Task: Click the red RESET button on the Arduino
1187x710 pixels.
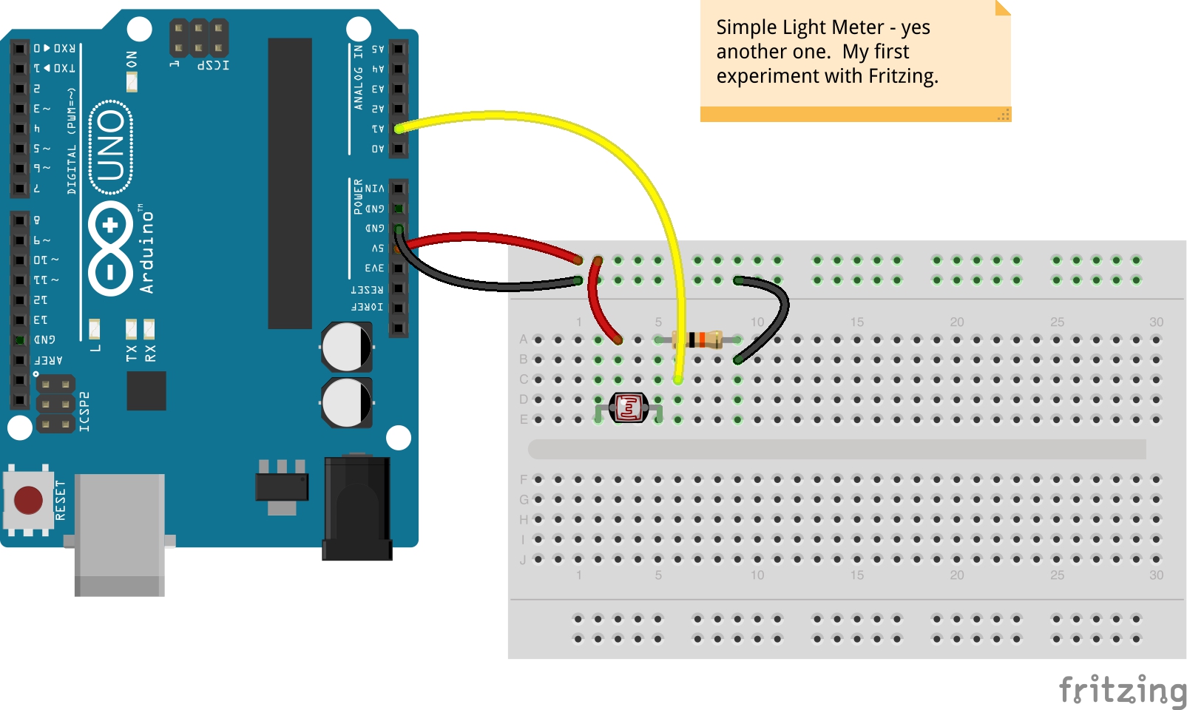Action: click(x=28, y=500)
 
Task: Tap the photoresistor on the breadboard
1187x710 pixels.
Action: click(x=628, y=407)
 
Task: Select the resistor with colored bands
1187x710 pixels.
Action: click(x=698, y=339)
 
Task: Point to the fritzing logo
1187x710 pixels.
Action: click(x=1122, y=690)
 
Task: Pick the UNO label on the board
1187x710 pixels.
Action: click(x=111, y=146)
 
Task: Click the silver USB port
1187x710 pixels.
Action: click(x=119, y=532)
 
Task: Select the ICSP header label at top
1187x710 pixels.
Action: click(x=213, y=65)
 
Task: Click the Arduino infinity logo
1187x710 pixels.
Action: click(x=110, y=248)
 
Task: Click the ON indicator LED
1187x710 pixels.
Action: click(x=132, y=81)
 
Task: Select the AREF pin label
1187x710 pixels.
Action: click(x=49, y=360)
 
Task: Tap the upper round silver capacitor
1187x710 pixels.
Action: click(x=346, y=347)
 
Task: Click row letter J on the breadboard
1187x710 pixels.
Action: click(x=523, y=560)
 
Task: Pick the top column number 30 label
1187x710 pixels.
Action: click(x=1156, y=322)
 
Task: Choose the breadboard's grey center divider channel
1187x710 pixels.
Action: click(x=836, y=449)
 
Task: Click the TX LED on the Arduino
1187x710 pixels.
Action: click(x=131, y=328)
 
